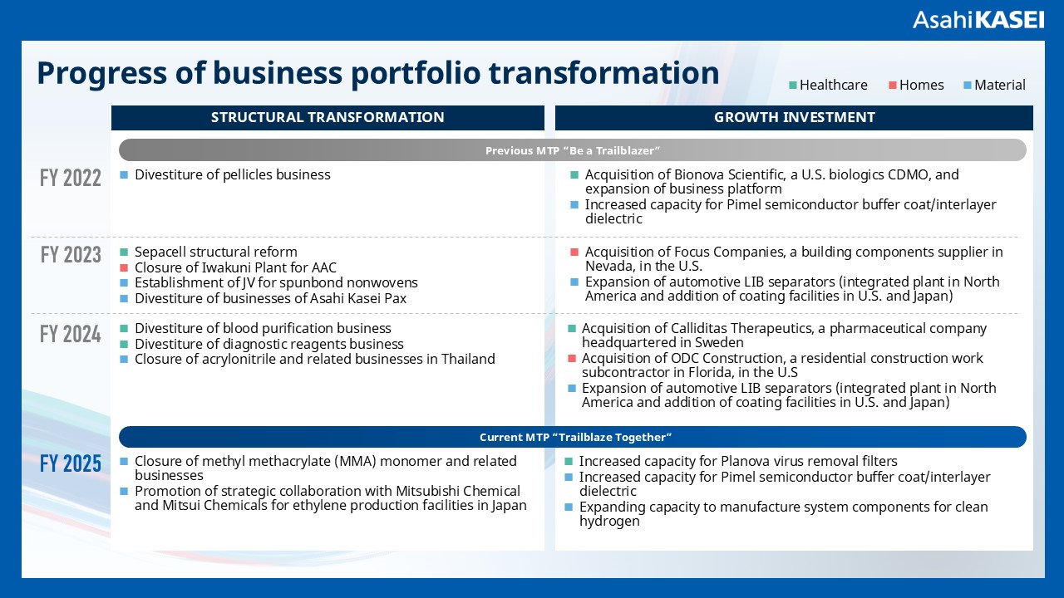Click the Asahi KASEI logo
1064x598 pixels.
coord(978,19)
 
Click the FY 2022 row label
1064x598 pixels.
coord(71,178)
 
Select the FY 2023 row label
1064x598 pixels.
coord(71,254)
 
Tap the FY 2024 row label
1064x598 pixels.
coord(71,334)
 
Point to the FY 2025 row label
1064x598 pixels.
coord(71,463)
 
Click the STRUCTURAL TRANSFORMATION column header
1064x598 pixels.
coord(328,118)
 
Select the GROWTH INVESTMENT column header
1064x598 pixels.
coord(794,118)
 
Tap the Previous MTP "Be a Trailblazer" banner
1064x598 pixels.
coord(573,150)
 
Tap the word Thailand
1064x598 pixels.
coord(466,359)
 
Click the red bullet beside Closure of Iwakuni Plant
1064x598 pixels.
coord(124,267)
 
